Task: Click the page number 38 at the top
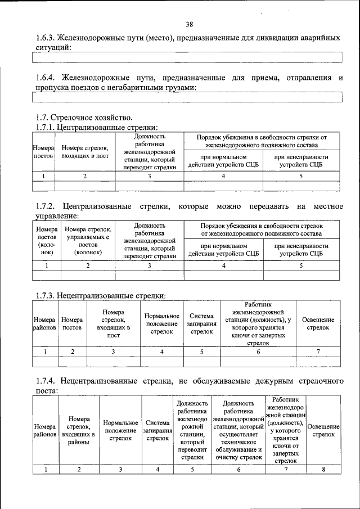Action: point(189,24)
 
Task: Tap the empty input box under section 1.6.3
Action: point(187,57)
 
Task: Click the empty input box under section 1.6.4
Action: point(187,97)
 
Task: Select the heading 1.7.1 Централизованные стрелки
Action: point(96,127)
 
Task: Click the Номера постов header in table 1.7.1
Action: point(43,151)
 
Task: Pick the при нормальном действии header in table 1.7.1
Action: point(223,160)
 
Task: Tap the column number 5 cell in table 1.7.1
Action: point(301,176)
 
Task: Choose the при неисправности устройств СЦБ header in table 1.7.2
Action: point(301,250)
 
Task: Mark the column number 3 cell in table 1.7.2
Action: point(150,265)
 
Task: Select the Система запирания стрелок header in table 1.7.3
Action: point(201,324)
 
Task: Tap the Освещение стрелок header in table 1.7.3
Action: point(318,323)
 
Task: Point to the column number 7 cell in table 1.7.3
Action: point(318,352)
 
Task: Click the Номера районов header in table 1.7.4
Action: point(45,430)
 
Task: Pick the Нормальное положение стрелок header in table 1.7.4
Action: point(120,430)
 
